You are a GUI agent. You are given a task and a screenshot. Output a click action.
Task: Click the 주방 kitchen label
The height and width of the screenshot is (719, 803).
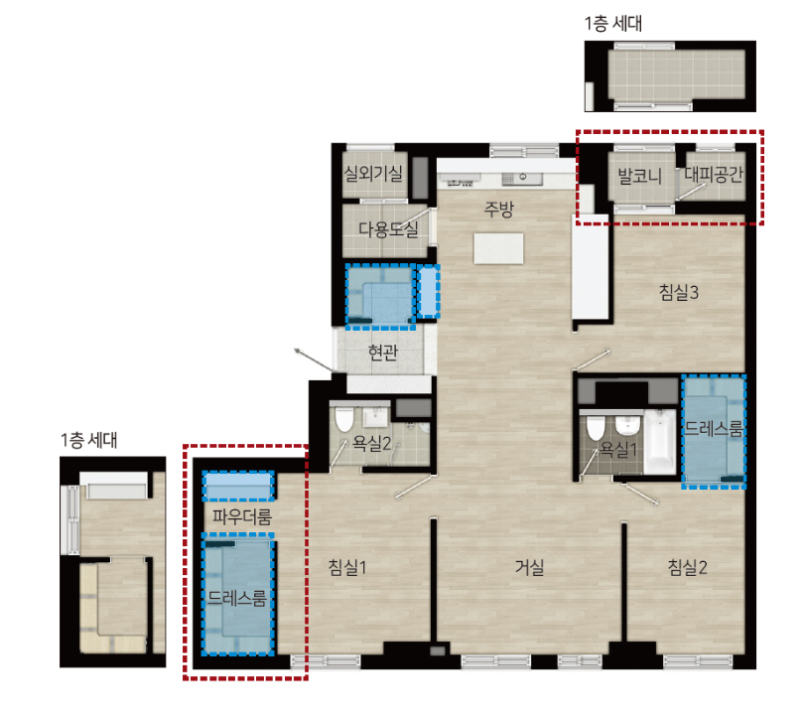499,209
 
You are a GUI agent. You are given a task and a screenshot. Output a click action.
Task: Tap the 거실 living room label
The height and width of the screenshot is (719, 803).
529,567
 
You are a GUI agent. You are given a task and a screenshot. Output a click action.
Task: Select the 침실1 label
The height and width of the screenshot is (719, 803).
347,567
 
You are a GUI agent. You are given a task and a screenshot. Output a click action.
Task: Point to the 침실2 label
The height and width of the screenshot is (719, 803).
687,567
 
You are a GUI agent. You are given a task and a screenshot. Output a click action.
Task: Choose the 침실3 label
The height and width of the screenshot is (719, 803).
679,292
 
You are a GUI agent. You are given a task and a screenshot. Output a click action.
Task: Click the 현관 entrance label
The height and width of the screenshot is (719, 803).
383,353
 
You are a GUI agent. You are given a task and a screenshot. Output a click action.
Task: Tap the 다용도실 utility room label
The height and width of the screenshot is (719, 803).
388,229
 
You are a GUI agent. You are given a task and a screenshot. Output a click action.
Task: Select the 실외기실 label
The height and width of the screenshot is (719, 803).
373,173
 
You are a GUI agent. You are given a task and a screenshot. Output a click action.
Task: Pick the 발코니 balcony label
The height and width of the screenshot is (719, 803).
639,176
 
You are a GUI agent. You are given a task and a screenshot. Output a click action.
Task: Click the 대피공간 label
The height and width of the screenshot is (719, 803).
714,175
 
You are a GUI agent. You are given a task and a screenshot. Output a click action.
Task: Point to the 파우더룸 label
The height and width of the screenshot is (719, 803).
242,516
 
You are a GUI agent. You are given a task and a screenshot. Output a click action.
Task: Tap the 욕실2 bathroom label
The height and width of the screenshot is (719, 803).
372,443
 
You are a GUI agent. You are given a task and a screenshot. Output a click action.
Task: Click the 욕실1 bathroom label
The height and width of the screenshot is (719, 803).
618,450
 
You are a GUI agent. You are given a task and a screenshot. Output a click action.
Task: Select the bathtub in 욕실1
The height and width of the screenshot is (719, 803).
660,442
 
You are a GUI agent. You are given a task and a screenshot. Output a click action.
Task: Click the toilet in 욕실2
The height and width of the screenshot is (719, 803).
344,419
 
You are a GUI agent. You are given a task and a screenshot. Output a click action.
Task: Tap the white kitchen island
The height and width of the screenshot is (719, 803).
498,248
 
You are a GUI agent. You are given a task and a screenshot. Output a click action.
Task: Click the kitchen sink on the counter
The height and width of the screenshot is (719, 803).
521,178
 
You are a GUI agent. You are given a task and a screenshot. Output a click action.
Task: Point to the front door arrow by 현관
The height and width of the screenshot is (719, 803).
314,359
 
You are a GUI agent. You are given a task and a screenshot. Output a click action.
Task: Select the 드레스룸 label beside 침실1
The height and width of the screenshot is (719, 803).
237,598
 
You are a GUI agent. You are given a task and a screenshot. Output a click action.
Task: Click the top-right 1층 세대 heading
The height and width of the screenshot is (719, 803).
613,24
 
